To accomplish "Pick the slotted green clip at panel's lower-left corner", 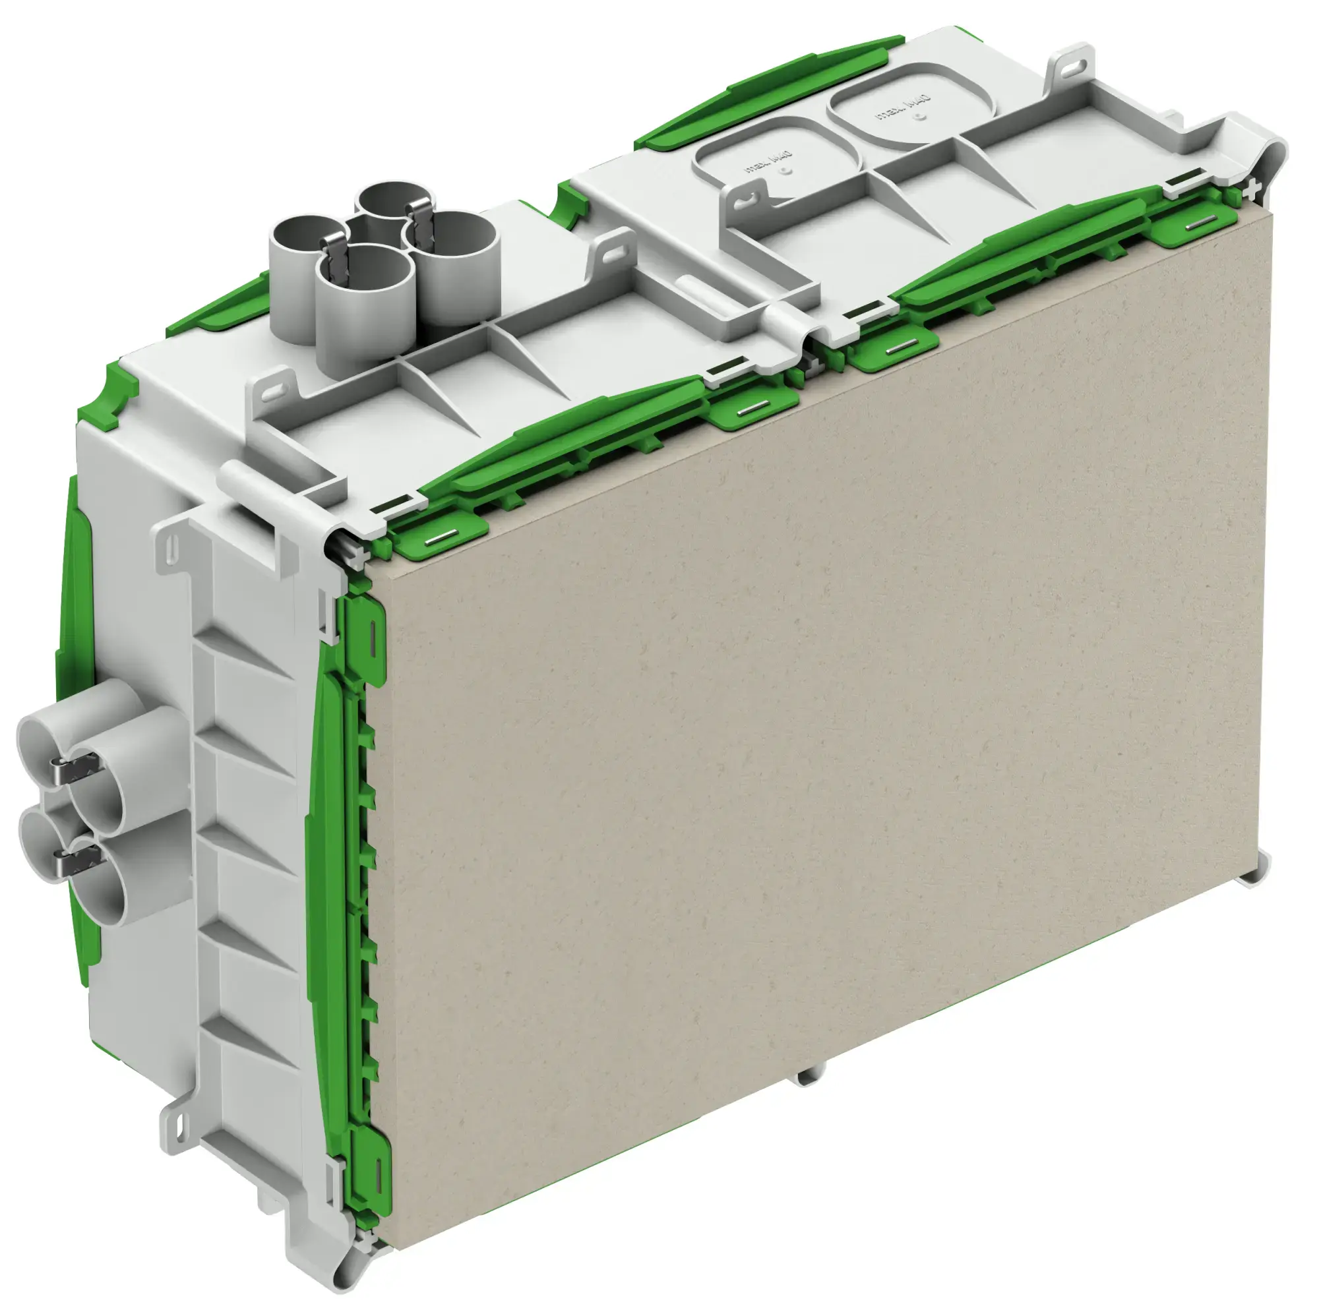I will pyautogui.click(x=372, y=1160).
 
